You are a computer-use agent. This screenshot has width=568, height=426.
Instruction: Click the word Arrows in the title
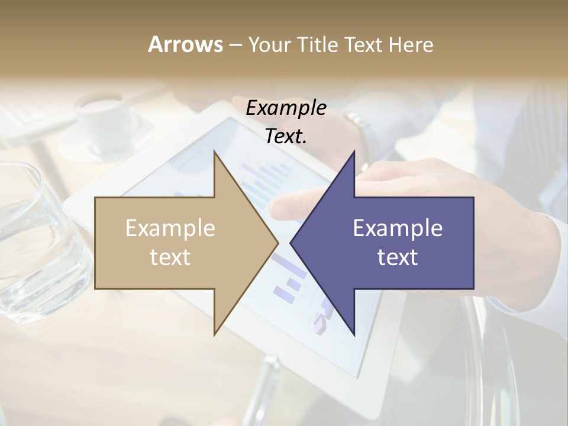185,44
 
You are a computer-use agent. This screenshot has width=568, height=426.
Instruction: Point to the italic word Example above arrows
286,108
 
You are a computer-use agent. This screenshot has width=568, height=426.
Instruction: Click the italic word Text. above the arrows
286,137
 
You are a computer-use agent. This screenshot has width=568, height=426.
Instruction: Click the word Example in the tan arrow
170,228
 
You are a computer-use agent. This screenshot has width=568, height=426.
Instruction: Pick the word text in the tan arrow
170,257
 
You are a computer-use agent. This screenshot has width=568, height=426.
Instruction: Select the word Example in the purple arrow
398,228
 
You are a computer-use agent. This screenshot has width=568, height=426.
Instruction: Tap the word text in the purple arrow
398,257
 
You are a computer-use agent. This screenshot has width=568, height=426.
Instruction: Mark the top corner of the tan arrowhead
214,152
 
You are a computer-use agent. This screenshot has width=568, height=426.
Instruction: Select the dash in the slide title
235,45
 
